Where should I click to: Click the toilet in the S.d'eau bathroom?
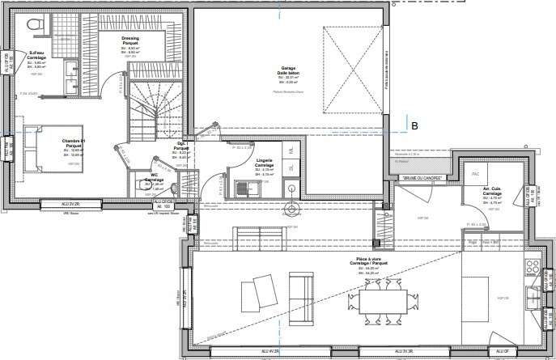click(36, 27)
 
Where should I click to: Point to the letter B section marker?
click(414, 125)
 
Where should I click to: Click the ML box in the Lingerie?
click(291, 150)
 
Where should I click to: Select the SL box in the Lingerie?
click(291, 167)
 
